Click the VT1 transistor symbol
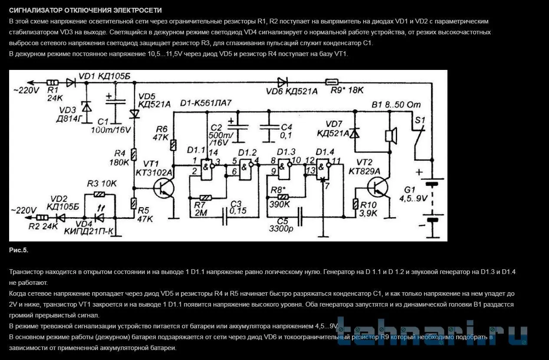(164, 188)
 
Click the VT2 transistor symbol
(378, 188)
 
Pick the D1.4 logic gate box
(323, 169)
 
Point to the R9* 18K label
(347, 90)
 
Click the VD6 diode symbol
(283, 82)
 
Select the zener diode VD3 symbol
(86, 107)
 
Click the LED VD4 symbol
(100, 217)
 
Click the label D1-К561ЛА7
(206, 103)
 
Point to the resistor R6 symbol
(173, 145)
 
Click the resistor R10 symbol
(355, 204)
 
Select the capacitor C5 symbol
(300, 217)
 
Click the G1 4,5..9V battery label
(414, 194)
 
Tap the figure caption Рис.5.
(19, 250)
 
